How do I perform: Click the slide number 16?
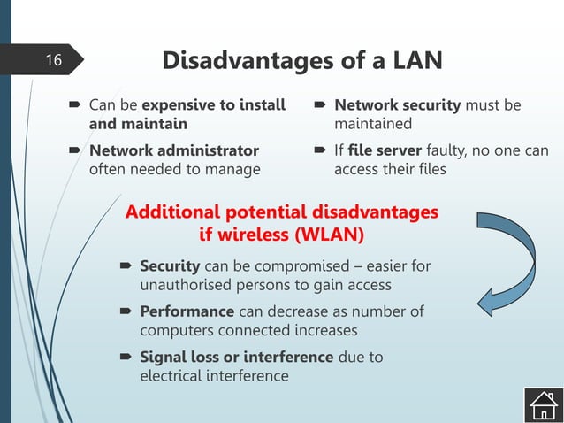click(x=54, y=60)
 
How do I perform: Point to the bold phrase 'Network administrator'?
click(x=174, y=150)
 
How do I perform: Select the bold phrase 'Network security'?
click(x=397, y=105)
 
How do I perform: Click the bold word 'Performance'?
click(x=187, y=311)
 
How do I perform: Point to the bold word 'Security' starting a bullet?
click(x=170, y=266)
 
